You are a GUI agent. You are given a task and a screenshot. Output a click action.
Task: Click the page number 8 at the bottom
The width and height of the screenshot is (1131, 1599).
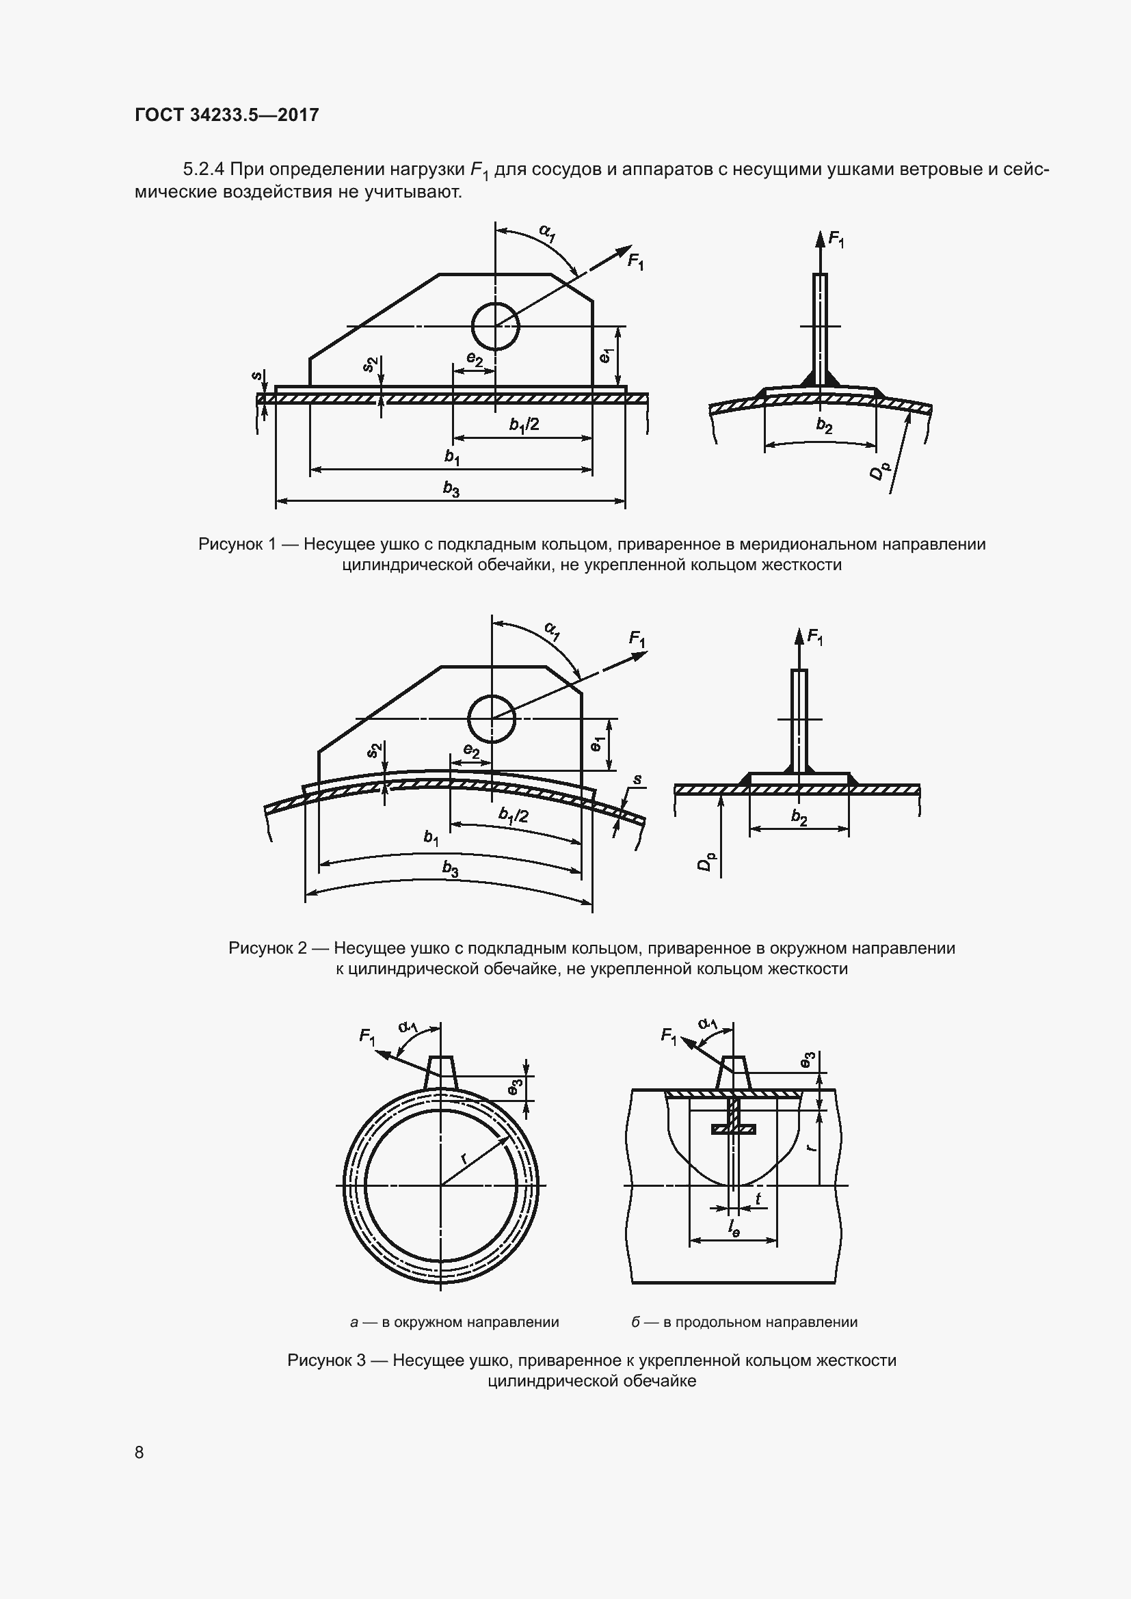coord(139,1452)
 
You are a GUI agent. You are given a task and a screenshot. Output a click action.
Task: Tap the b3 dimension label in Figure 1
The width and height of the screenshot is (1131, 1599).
coord(451,489)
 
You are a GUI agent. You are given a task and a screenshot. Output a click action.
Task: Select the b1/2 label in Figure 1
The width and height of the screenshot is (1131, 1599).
coord(524,425)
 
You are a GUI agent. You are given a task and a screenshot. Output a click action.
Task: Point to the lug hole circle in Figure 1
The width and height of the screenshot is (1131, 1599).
coord(495,326)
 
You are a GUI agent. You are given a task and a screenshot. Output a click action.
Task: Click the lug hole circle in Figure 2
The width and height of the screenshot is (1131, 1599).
coord(492,718)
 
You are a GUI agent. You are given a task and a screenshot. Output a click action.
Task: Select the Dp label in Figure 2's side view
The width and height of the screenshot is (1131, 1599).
coord(706,862)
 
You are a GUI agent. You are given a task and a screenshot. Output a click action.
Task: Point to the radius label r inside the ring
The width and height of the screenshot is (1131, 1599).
coord(464,1158)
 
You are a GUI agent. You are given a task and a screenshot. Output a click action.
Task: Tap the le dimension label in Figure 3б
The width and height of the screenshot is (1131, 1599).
coord(734,1229)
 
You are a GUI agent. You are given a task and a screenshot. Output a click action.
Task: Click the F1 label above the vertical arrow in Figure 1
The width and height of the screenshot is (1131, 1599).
coord(836,241)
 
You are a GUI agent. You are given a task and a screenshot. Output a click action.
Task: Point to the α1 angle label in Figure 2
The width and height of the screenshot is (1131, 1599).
coord(552,632)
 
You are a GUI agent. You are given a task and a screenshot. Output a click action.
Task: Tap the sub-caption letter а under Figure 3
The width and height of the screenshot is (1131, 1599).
coord(354,1322)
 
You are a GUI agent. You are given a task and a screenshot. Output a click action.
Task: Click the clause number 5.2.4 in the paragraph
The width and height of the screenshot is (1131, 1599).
coord(202,170)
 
